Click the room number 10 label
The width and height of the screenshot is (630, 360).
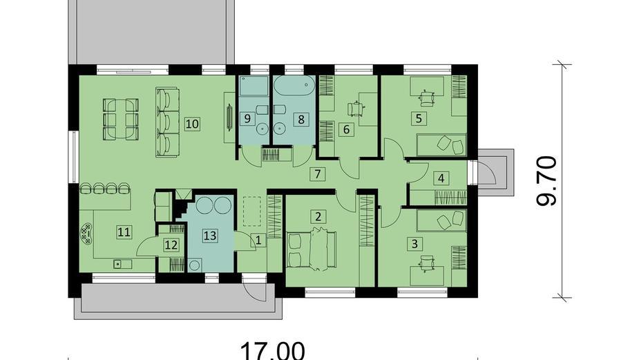tap(192, 124)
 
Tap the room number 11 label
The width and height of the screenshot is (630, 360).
tap(124, 232)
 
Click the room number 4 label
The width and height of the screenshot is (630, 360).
tap(440, 177)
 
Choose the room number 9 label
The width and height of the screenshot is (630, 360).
tap(247, 117)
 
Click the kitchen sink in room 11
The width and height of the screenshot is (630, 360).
tap(118, 263)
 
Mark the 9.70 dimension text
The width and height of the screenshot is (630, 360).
tap(548, 181)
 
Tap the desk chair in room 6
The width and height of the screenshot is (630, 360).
tap(356, 108)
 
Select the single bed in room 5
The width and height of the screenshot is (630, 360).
tap(442, 144)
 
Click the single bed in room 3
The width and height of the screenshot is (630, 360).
tap(442, 220)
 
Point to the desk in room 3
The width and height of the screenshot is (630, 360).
tap(428, 274)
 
